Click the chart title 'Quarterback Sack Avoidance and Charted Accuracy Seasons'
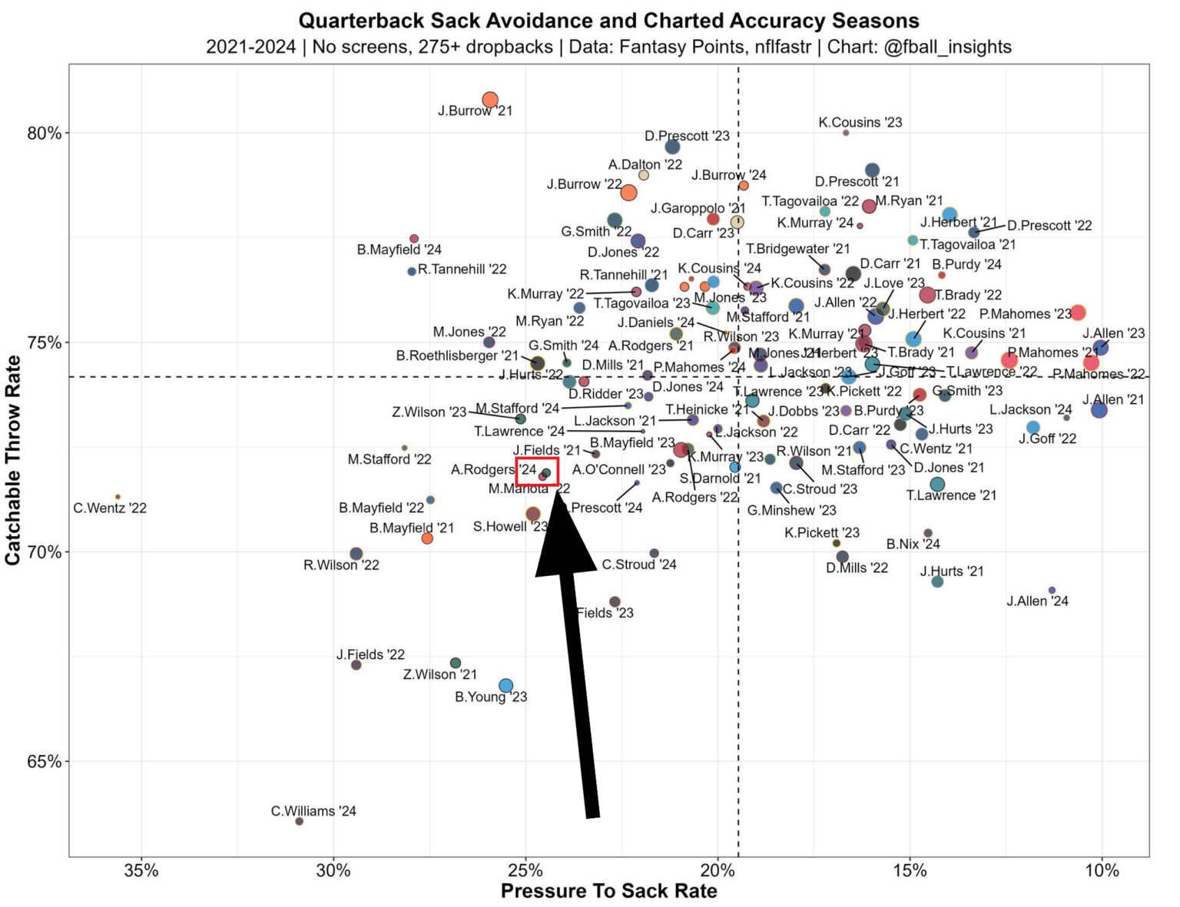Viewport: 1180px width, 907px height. pyautogui.click(x=608, y=20)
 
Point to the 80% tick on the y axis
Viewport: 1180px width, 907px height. pyautogui.click(x=45, y=134)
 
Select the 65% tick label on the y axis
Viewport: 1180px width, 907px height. pyautogui.click(x=45, y=762)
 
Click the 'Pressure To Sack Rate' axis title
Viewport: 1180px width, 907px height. pyautogui.click(x=608, y=891)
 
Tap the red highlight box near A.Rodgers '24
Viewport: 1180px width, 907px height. pyautogui.click(x=536, y=472)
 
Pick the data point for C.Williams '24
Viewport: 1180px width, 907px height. pyautogui.click(x=300, y=821)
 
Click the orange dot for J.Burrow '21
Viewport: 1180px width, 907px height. pyautogui.click(x=490, y=100)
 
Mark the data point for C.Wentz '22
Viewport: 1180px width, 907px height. pyautogui.click(x=118, y=497)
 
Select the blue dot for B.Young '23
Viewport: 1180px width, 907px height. pyautogui.click(x=505, y=685)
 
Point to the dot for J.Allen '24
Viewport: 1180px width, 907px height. pyautogui.click(x=1052, y=590)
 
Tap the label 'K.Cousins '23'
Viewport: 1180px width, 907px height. pyautogui.click(x=860, y=122)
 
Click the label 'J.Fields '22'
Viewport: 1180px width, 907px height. pyautogui.click(x=370, y=654)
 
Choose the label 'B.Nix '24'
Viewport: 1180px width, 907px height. pyautogui.click(x=913, y=544)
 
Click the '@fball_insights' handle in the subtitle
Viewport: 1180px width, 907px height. pyautogui.click(x=947, y=47)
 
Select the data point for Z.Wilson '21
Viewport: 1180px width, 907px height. pyautogui.click(x=456, y=663)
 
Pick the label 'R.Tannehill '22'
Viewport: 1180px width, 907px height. pyautogui.click(x=462, y=270)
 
